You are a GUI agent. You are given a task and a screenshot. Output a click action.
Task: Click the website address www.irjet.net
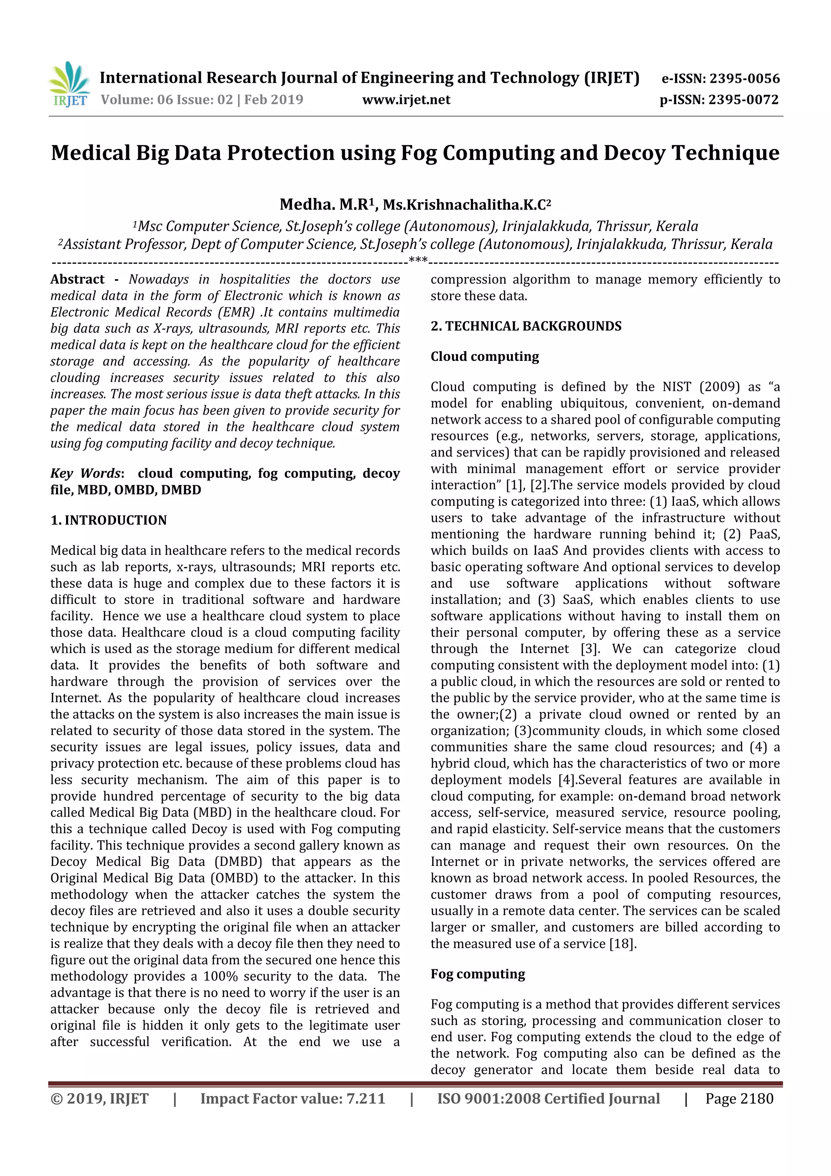point(406,99)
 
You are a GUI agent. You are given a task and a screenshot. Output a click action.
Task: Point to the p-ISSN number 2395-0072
point(743,99)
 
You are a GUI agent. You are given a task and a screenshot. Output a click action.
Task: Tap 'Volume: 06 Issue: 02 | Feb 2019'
point(202,99)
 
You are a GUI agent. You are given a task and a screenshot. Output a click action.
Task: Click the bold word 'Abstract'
point(78,280)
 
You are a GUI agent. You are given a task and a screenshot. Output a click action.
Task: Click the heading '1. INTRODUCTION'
point(109,520)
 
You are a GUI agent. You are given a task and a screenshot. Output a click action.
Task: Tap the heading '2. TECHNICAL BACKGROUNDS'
point(526,326)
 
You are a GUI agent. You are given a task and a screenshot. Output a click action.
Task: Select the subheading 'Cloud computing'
point(484,356)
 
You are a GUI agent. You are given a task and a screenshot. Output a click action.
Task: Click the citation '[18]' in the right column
point(622,943)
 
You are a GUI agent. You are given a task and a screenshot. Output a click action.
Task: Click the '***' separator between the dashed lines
point(418,261)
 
